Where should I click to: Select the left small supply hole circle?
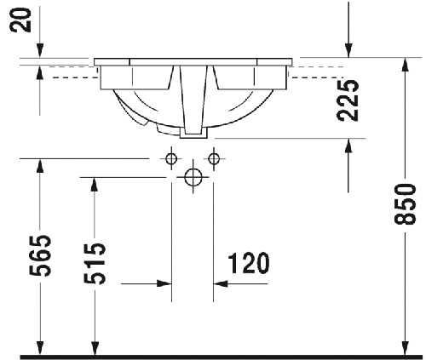(x=171, y=158)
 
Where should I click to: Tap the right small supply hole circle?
(x=213, y=158)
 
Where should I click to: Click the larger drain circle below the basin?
(x=193, y=177)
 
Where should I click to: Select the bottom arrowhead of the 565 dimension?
(x=39, y=342)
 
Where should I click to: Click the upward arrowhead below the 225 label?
(x=348, y=146)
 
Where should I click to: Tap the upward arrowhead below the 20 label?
(x=39, y=73)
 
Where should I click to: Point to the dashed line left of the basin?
(x=72, y=76)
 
